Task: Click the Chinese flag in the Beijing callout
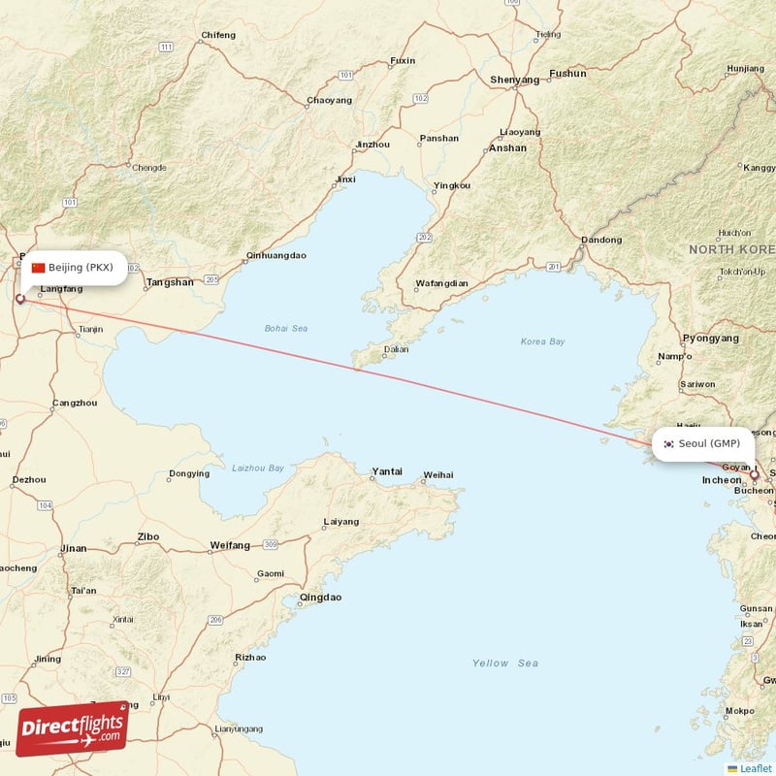39,268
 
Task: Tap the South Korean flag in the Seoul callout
668,444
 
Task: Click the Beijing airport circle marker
20,299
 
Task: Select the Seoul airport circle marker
754,475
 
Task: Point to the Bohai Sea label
285,329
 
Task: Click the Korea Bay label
542,341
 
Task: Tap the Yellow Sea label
504,663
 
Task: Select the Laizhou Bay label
258,468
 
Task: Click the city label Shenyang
514,80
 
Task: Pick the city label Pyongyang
711,339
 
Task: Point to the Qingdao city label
320,598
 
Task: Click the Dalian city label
396,349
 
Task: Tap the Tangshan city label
169,283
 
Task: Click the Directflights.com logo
72,727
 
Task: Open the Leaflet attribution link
755,768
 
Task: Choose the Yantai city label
386,471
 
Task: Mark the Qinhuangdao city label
276,256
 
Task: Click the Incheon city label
722,480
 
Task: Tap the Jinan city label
73,549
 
